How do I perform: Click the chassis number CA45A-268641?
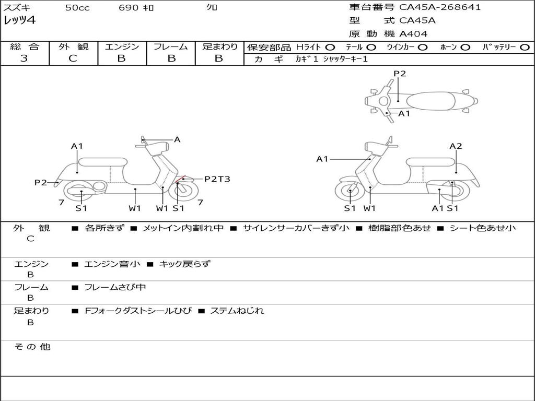coord(440,7)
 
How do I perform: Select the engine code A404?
coord(413,34)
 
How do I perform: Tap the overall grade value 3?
coord(24,58)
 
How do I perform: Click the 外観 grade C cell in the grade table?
coord(73,58)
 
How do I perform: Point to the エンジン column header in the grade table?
coord(122,46)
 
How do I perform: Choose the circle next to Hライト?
coord(330,47)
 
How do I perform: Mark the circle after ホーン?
coord(466,47)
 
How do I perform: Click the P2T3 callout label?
coord(217,179)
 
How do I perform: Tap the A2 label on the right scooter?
coord(456,146)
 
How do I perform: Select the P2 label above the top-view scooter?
coord(400,74)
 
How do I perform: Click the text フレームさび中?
coord(115,287)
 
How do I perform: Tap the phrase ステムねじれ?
coord(237,311)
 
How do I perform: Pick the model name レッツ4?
coord(19,20)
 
